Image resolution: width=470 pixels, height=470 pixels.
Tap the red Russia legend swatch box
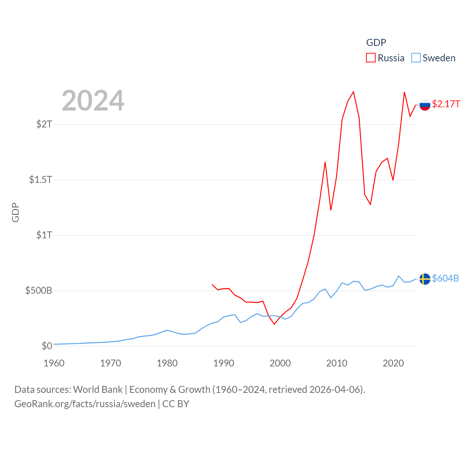click(371, 58)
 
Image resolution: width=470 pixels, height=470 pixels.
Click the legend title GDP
click(376, 43)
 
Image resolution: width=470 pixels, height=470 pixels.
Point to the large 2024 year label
click(93, 101)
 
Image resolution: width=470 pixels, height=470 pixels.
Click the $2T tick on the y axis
click(44, 124)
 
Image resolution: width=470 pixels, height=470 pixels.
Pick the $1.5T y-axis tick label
click(40, 180)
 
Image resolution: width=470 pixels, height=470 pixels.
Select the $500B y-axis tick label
click(39, 291)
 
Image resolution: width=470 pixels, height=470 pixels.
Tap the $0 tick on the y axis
click(47, 346)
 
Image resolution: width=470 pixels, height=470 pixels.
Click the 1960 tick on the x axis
click(54, 363)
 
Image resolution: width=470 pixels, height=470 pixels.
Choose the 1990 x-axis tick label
click(224, 363)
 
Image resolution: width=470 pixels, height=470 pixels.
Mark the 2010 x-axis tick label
click(337, 363)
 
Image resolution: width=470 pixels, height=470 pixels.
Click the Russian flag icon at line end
click(425, 105)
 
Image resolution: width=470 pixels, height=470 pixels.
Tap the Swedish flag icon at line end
click(425, 279)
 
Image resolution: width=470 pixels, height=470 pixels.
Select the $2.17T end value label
click(446, 104)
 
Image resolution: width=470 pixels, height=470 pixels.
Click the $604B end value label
click(445, 278)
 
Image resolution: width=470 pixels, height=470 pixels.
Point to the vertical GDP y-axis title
click(15, 212)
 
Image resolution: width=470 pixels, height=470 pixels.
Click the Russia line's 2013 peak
click(353, 92)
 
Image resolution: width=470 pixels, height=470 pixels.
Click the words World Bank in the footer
click(98, 389)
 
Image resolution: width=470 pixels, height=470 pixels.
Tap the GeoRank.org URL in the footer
click(85, 404)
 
